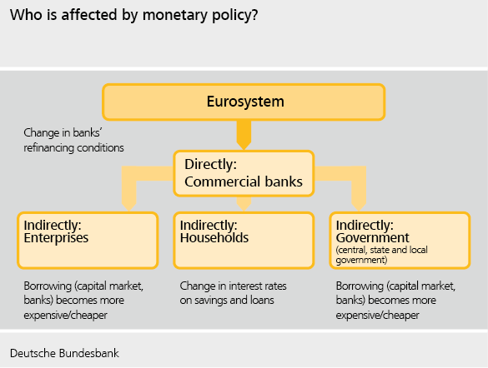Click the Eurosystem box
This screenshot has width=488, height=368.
tap(244, 102)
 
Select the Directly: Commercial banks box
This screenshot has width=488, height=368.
tap(244, 174)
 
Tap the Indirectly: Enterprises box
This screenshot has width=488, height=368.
tap(88, 241)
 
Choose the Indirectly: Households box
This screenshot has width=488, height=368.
tap(244, 241)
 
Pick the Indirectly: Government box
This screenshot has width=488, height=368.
tap(400, 241)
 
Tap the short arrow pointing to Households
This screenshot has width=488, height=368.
tap(244, 204)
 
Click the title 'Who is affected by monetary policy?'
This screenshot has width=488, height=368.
tap(133, 15)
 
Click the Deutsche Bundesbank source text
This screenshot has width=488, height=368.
tap(64, 353)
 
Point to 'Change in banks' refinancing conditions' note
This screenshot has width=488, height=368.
tap(73, 140)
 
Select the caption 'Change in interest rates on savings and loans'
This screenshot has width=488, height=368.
tap(233, 293)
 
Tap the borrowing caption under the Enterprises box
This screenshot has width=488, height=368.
tap(83, 301)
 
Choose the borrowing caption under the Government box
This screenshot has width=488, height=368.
tap(395, 301)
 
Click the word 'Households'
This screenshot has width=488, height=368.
tap(214, 238)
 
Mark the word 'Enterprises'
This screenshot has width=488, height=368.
tap(56, 238)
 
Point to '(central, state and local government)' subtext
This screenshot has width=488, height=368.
tap(381, 255)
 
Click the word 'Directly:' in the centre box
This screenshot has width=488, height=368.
tap(211, 164)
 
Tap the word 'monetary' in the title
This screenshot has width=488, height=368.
tap(175, 16)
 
